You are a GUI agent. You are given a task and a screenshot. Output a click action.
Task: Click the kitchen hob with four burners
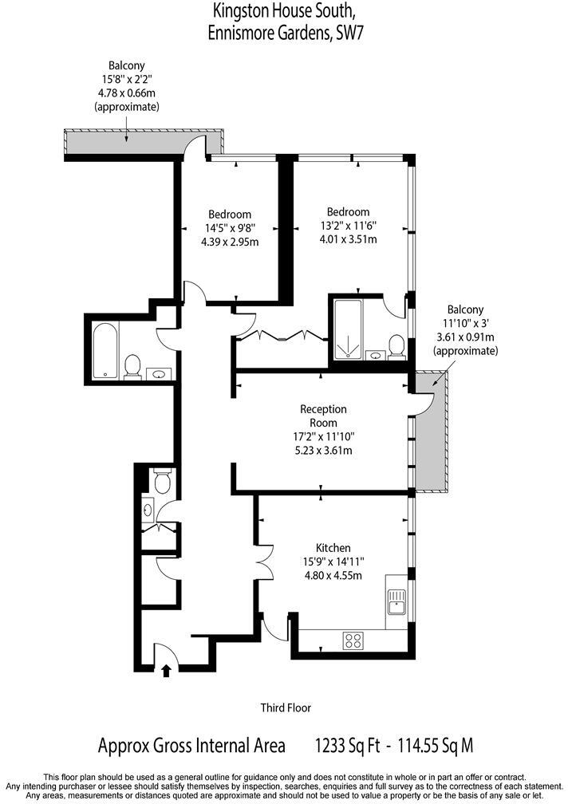pos(353,640)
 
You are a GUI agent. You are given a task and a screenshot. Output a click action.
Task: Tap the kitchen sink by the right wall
pos(396,600)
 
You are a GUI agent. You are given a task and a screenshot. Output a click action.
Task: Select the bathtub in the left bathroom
pos(105,351)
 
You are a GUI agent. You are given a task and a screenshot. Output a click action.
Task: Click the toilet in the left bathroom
pos(133,367)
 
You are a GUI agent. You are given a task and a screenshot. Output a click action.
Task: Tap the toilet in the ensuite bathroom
pos(396,345)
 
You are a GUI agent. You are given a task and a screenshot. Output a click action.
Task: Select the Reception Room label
pos(323,416)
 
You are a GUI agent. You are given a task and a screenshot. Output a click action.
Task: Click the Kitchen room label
pos(333,548)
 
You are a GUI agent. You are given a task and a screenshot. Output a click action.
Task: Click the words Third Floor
pos(285,707)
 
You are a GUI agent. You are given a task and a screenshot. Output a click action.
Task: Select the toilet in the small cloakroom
pos(162,481)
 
